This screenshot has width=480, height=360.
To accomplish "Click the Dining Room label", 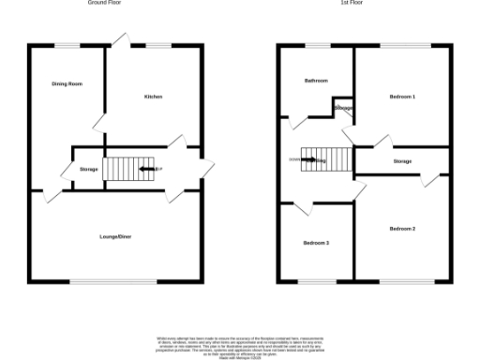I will click(67, 84).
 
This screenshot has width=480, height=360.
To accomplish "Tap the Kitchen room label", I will click(153, 97).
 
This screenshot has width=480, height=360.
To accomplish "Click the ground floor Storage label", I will click(88, 169).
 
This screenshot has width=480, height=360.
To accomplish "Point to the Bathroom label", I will click(316, 81).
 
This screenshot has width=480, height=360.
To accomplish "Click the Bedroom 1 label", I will click(402, 97).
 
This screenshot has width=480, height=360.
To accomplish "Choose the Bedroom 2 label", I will click(402, 228).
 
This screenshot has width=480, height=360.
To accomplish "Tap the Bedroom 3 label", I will click(316, 243).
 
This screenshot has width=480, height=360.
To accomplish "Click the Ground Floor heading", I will click(104, 3).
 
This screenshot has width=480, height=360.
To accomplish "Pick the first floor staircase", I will click(323, 160).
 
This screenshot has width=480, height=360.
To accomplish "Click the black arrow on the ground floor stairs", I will click(145, 169).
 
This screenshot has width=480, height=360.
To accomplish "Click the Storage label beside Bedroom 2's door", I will click(402, 161).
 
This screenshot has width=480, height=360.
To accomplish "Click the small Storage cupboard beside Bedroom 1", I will click(343, 109).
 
